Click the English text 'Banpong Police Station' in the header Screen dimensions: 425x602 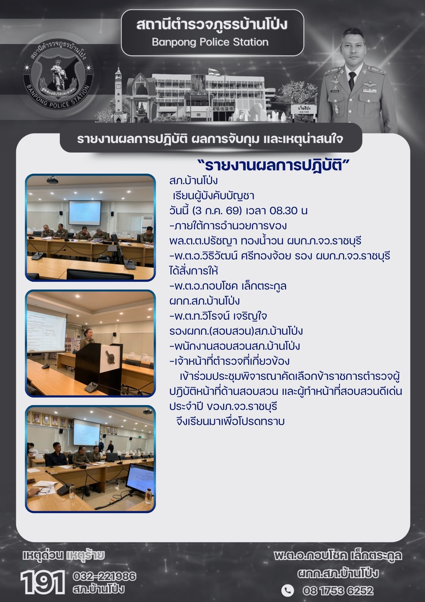point(210,42)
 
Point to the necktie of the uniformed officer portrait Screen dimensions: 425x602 point(352,81)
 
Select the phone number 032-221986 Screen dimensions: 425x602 point(104,576)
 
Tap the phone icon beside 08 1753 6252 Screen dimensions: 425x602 point(288,591)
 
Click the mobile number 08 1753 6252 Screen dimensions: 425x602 point(338,591)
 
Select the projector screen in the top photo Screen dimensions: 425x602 point(85,212)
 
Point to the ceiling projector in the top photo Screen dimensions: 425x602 point(53,180)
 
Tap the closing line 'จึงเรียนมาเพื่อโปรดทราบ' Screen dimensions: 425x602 point(231,421)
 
